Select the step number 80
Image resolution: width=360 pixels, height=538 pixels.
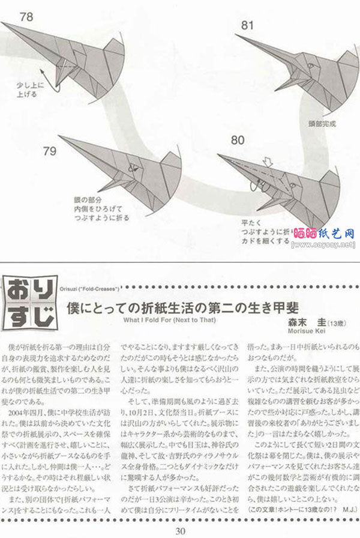237,141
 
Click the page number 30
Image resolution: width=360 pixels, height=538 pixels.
181,530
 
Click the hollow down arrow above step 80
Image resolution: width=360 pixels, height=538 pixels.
268,161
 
